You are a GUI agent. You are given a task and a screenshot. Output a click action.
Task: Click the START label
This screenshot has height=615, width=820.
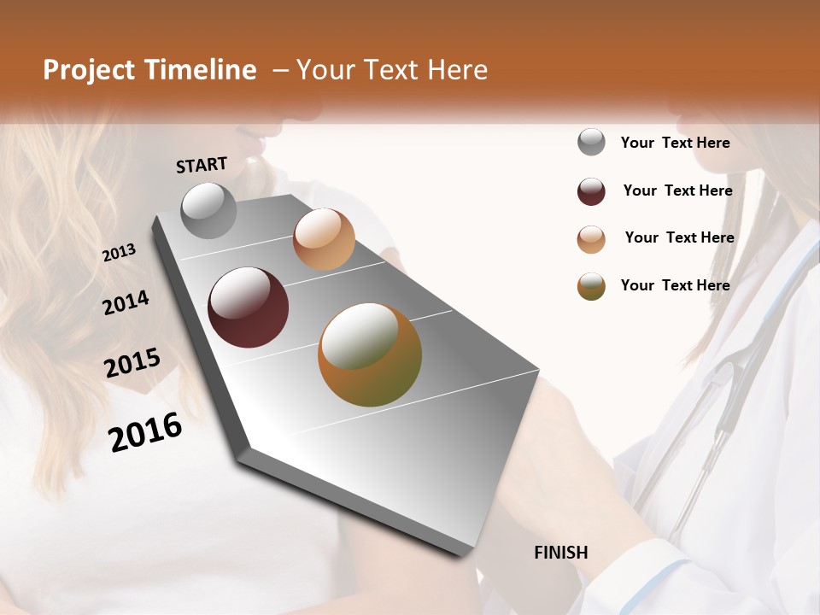202,165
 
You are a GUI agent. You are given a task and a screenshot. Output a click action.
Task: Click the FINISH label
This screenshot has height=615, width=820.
560,553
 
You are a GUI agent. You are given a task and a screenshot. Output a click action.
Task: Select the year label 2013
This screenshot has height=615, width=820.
119,253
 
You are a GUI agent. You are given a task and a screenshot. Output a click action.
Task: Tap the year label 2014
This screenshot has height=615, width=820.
126,302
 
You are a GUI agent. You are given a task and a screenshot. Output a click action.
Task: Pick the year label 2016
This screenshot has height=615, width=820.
145,432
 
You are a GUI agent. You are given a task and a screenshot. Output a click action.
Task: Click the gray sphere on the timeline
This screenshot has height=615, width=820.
208,210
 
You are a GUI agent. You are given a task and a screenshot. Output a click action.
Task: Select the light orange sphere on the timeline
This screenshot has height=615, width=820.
324,239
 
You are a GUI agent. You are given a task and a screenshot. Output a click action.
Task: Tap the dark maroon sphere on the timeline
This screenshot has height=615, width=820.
248,307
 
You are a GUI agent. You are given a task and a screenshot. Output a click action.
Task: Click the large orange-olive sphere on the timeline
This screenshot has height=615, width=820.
370,354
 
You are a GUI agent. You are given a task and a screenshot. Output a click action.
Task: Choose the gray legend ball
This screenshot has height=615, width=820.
591,142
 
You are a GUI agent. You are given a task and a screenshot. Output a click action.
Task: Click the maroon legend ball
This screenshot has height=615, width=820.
591,191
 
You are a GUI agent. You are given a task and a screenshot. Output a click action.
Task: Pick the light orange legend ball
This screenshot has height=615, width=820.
591,239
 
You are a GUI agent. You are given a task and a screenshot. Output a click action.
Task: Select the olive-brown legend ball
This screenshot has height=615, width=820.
591,286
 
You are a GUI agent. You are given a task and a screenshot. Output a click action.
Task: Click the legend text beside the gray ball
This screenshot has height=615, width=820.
675,143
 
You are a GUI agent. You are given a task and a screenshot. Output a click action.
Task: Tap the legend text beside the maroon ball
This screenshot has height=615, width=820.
677,190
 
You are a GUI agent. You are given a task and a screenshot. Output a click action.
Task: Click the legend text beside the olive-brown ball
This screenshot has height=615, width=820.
675,285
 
